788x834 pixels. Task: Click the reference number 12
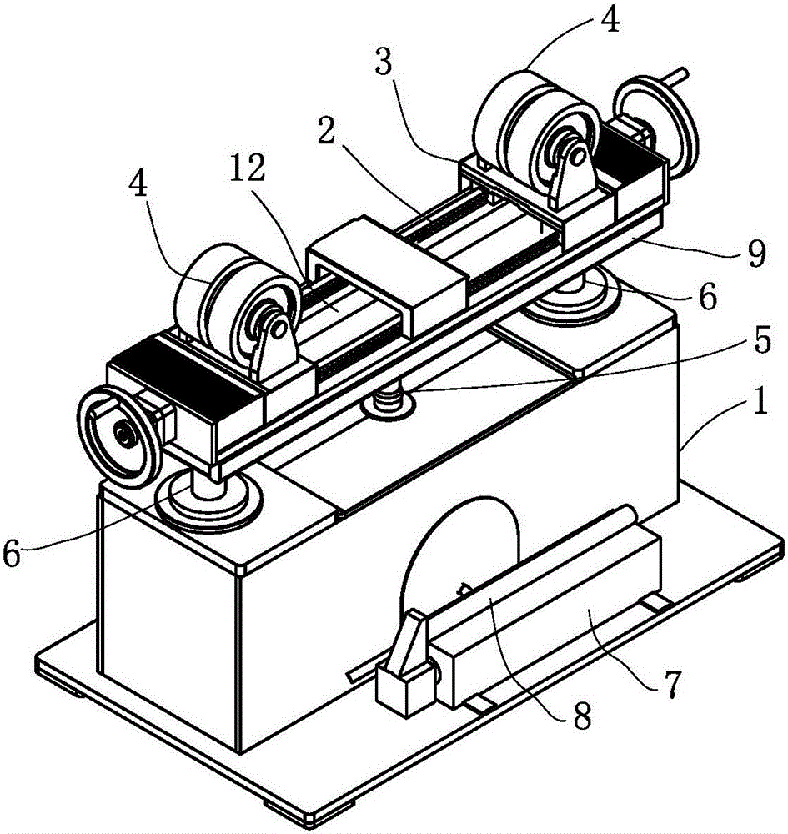(x=249, y=170)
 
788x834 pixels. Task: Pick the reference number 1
(x=760, y=402)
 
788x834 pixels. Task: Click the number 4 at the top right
(x=611, y=22)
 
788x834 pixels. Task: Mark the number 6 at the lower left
(x=12, y=554)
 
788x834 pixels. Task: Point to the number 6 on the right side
(x=708, y=296)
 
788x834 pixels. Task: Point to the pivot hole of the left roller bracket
(x=277, y=330)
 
